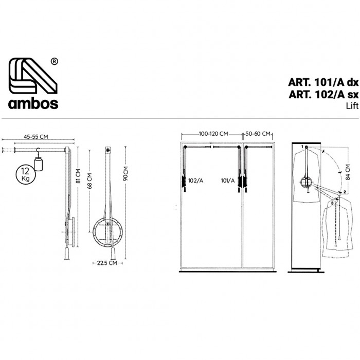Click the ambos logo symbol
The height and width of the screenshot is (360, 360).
click(33, 76)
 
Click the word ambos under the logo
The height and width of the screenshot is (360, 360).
click(33, 103)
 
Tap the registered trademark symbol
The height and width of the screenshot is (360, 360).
click(54, 62)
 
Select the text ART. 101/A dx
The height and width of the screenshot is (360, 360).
click(323, 82)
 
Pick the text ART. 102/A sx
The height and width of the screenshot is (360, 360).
click(323, 94)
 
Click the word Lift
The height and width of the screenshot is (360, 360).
click(352, 106)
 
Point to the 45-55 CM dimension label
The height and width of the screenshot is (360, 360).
click(36, 137)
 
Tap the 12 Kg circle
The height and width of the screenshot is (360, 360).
click(26, 175)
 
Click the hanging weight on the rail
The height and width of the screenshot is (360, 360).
click(39, 164)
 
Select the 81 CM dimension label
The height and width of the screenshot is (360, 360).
click(78, 176)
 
